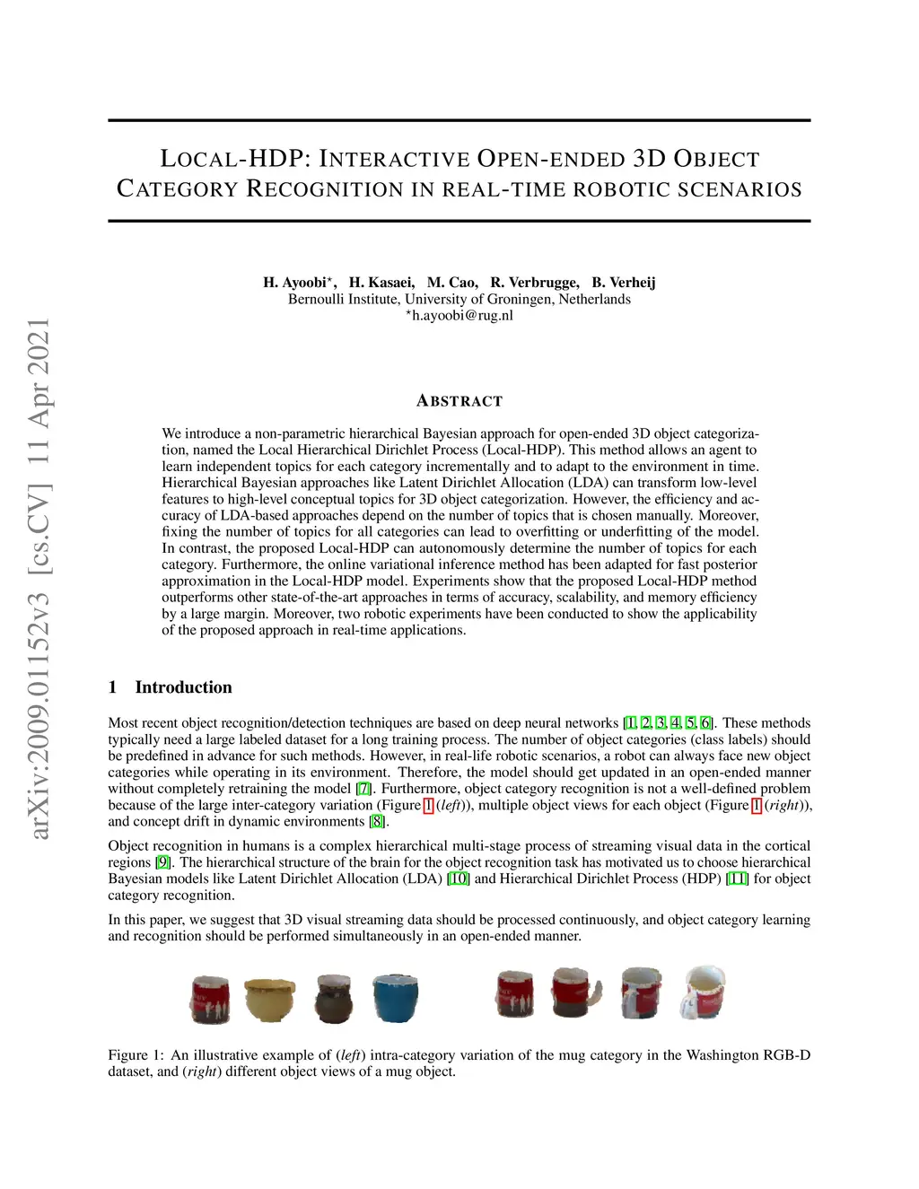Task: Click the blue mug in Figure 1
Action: tap(396, 997)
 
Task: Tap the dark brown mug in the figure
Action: tap(333, 998)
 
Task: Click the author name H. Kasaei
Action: tap(381, 283)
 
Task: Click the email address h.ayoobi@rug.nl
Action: tap(461, 315)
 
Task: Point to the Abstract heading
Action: tap(459, 401)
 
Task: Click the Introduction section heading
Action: tap(183, 687)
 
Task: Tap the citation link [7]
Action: tap(363, 789)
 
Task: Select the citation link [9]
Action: tap(162, 862)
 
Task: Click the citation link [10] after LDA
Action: tap(458, 879)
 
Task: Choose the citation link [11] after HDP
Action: tap(737, 879)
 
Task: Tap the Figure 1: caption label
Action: tap(136, 1055)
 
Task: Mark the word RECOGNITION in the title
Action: tap(326, 189)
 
